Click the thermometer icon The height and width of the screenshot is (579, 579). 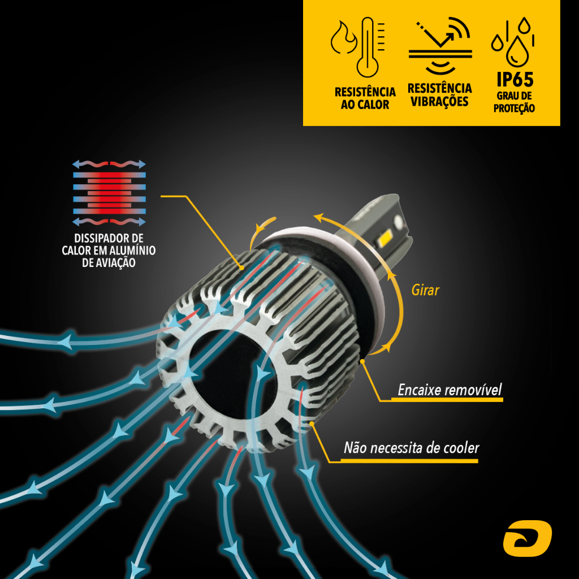point(369,47)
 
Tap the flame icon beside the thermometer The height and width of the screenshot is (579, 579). point(343,38)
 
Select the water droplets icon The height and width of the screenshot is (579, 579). point(513,41)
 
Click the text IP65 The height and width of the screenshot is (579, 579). point(515,79)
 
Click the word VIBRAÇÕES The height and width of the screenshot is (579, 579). point(439,101)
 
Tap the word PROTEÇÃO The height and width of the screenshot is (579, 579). point(514,108)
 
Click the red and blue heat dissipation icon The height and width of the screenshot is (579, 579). point(109,193)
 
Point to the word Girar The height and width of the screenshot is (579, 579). point(425,290)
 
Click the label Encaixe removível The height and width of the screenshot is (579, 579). point(450,390)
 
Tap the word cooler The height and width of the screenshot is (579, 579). point(461,448)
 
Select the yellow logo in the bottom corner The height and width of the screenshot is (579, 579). point(528,538)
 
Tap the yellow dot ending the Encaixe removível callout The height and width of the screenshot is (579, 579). point(362,361)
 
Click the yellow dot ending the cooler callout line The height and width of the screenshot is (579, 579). point(312,424)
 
